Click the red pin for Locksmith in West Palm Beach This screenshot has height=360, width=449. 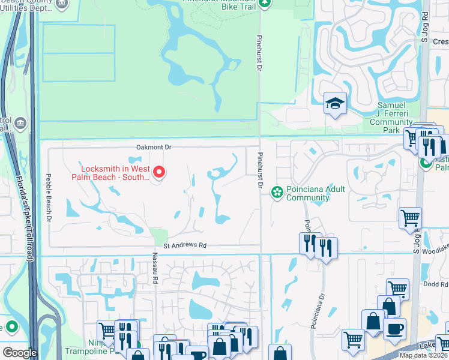159,173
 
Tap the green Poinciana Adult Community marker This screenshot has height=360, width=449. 277,192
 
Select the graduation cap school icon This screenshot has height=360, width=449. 335,103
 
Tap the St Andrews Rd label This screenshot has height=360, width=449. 185,245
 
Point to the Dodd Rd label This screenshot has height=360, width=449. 435,284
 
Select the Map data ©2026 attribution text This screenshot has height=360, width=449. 423,355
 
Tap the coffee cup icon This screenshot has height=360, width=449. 394,328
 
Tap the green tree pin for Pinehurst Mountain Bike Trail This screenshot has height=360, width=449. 265,4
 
